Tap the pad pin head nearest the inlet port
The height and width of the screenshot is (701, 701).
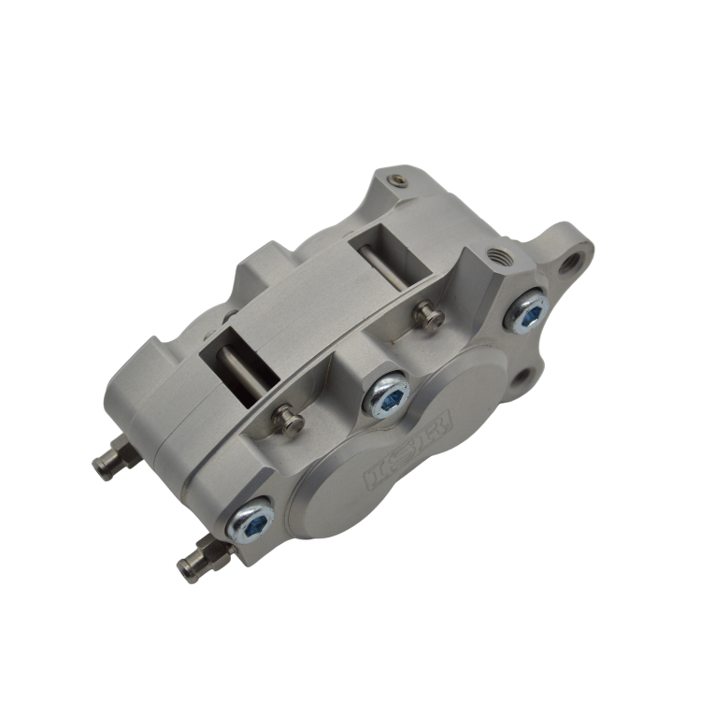pos(429,316)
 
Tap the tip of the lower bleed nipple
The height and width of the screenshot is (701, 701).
pos(182,565)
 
